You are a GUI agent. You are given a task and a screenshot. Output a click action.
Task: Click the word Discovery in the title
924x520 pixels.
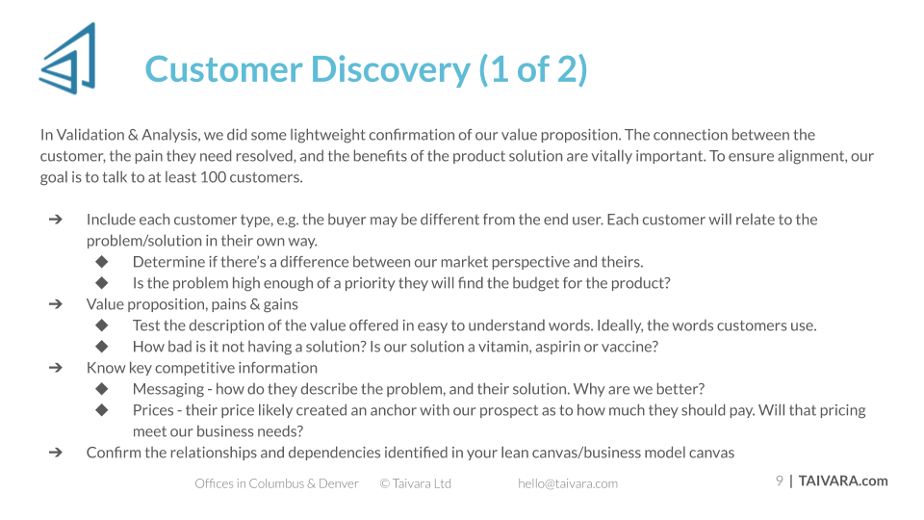coord(390,69)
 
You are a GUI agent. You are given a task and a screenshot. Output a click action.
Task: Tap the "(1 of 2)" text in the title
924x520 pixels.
coord(533,69)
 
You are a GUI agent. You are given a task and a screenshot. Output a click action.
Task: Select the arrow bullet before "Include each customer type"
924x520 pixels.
coord(56,220)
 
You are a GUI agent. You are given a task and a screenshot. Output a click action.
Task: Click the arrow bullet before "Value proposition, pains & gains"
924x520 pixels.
coord(56,304)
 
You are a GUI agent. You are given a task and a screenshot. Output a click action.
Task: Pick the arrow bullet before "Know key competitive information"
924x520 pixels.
coord(56,368)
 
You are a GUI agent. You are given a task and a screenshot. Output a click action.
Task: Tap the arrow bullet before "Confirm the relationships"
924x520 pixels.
coord(56,453)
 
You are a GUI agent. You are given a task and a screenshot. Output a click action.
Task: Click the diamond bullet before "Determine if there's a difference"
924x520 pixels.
coord(102,262)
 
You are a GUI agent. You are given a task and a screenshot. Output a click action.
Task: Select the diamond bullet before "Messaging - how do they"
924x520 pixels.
coord(102,389)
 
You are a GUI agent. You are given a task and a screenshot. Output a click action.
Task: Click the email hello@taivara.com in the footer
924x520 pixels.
coord(568,484)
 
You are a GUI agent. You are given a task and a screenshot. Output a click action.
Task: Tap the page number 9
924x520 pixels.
coord(780,481)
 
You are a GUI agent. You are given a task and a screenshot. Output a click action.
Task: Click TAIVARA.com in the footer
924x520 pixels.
coord(843,481)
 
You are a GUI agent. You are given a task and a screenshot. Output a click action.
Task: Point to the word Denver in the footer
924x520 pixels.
coord(338,483)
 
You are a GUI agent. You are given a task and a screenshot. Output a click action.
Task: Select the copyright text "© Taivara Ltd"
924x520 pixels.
coord(416,483)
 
